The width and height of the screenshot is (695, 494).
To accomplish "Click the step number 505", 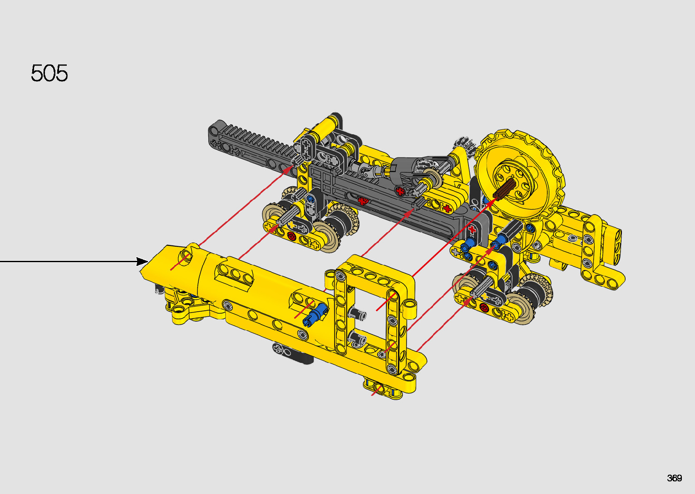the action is [x=49, y=73].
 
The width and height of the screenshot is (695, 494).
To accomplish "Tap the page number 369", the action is [x=674, y=478].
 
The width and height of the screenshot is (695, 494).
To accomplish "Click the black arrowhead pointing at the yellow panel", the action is [x=143, y=261].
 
